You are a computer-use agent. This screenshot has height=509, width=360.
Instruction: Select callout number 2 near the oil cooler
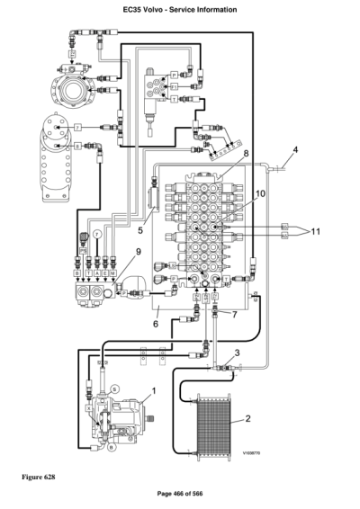click(248, 419)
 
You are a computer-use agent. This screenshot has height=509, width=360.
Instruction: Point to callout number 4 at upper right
click(294, 149)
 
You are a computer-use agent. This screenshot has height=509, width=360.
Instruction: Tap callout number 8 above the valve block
click(244, 155)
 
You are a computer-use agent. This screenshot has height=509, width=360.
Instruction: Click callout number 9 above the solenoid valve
click(139, 253)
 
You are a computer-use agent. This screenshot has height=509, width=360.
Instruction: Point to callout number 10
click(260, 193)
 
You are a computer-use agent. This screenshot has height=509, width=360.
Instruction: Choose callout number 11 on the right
click(315, 232)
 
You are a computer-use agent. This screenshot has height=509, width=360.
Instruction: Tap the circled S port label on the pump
click(116, 386)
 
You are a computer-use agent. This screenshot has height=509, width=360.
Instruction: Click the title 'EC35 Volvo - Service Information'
click(179, 9)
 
